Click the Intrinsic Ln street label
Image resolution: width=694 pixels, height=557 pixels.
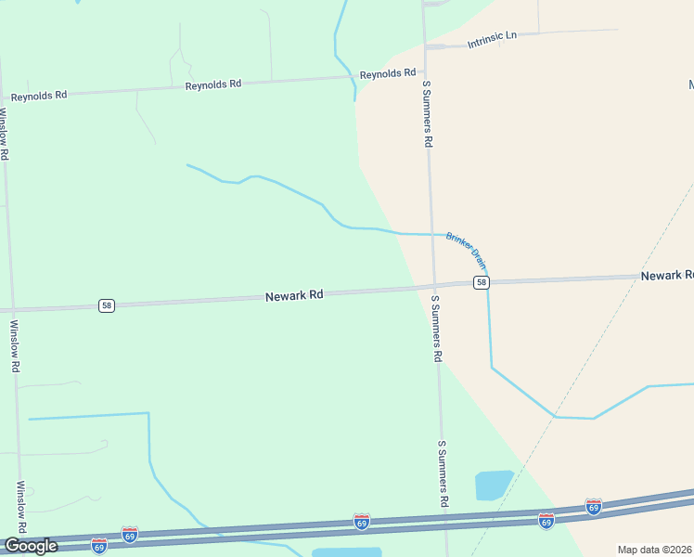pos(492,39)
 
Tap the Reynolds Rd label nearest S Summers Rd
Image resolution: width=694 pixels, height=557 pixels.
pos(388,73)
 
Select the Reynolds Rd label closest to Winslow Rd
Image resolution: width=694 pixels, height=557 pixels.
pos(39,95)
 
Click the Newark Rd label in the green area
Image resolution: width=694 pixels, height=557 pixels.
pos(294,295)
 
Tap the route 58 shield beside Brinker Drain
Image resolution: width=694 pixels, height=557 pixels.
pos(481,282)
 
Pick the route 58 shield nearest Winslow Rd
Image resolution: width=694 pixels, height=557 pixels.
pos(107,305)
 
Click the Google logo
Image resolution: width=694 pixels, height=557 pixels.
pos(31,546)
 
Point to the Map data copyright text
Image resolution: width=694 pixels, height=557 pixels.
pos(653,550)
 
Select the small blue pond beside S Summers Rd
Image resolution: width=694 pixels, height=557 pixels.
pos(494,485)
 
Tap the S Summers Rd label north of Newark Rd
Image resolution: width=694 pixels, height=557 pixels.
pos(428,113)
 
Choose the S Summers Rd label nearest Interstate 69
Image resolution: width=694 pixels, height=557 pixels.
pos(443,473)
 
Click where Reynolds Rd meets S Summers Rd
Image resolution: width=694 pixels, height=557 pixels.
pos(424,72)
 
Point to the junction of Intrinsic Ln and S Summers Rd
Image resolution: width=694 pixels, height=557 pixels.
pos(425,45)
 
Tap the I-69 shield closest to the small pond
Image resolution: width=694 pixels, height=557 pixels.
pos(546,521)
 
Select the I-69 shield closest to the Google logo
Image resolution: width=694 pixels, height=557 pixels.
pos(99,545)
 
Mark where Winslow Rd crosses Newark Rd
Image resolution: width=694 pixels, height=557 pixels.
pos(11,309)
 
